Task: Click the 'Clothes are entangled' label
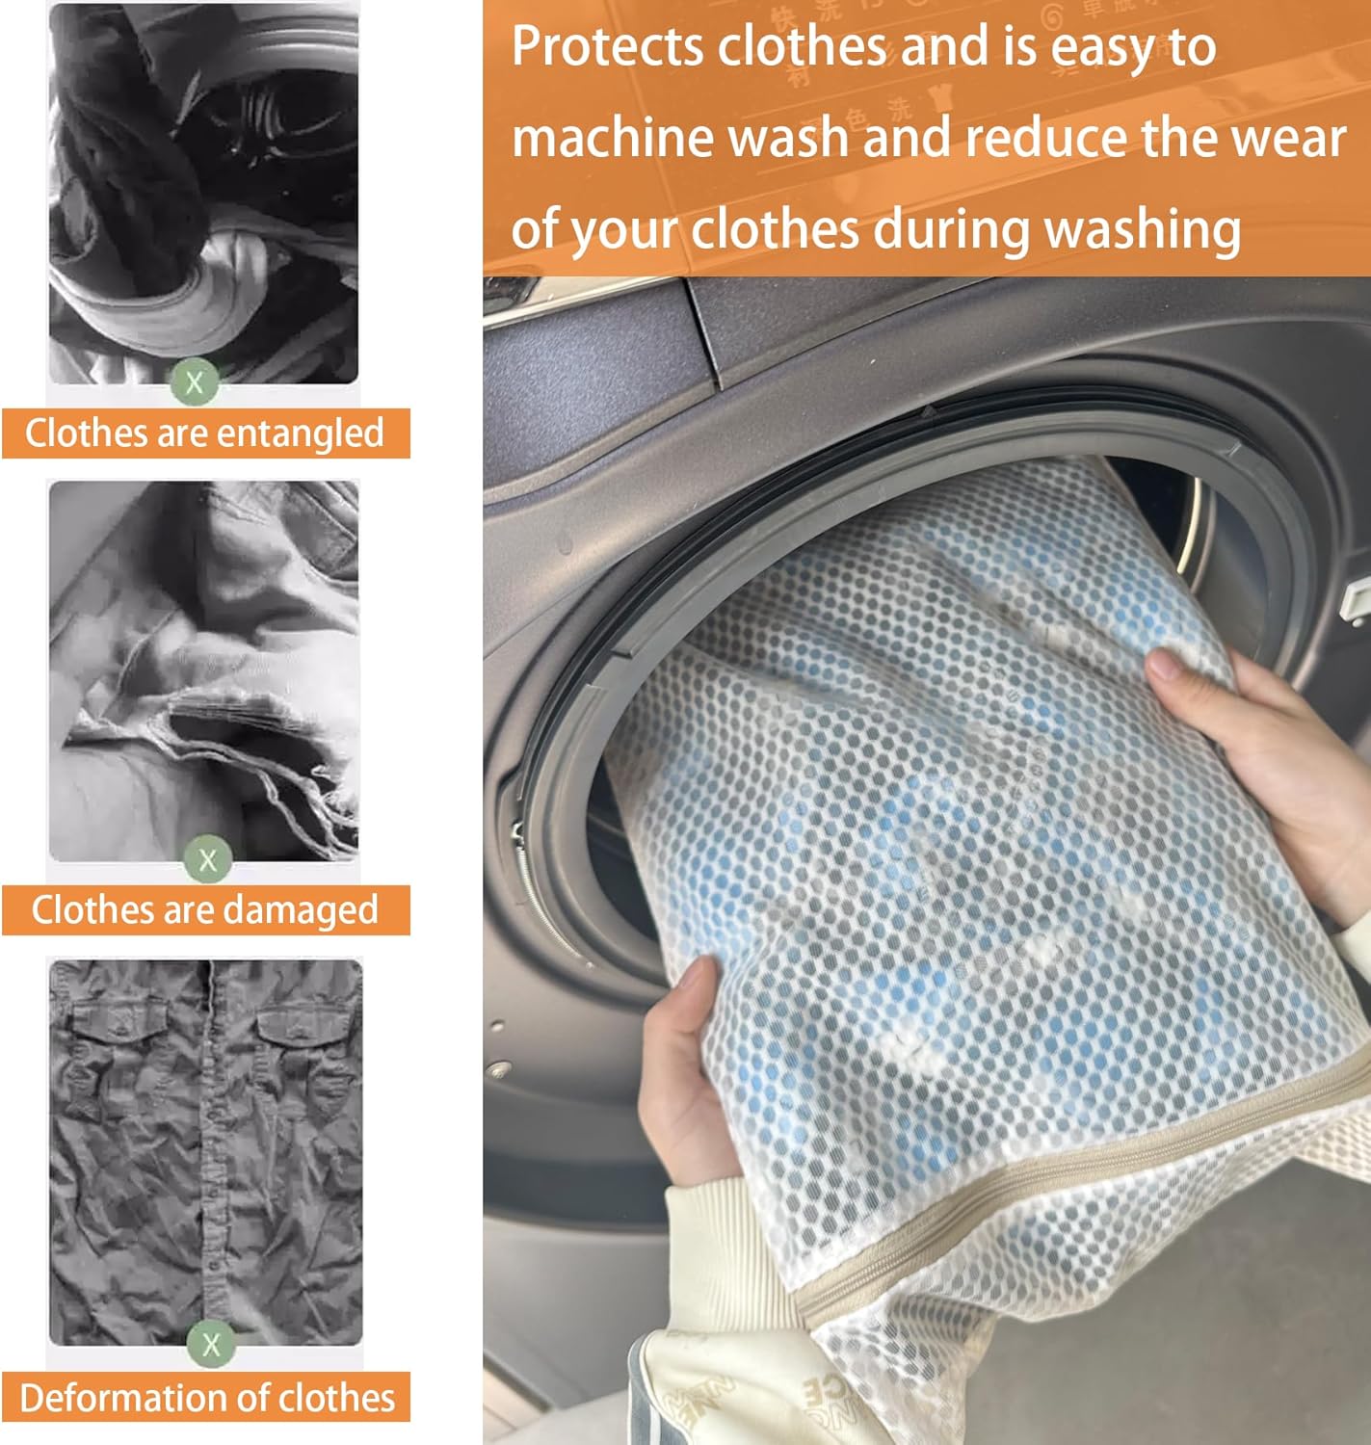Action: (204, 433)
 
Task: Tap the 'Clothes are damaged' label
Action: (204, 910)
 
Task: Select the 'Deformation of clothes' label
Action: (206, 1398)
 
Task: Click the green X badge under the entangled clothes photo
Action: (195, 383)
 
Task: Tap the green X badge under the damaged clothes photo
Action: (208, 859)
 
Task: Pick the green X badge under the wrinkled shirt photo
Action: (211, 1345)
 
